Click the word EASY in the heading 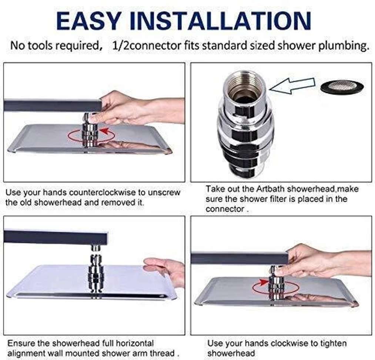coord(88,21)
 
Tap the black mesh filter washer coord(342,87)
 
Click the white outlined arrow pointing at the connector coord(292,86)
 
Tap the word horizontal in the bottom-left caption coord(135,343)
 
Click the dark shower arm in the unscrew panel coord(53,105)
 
